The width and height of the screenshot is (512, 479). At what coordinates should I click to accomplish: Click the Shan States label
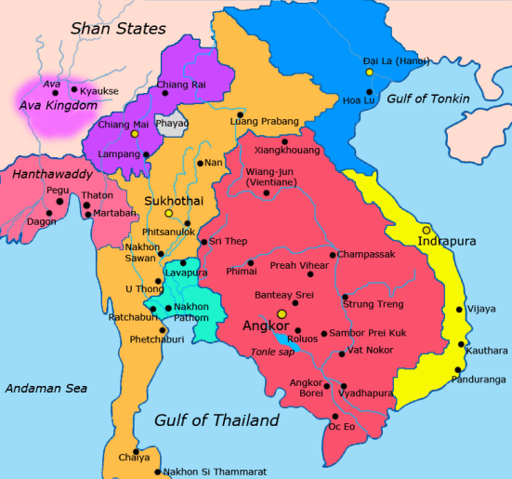pos(118,29)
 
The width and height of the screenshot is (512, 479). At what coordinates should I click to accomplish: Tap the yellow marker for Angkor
pos(281,314)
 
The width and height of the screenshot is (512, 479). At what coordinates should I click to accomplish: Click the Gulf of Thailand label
pos(217,421)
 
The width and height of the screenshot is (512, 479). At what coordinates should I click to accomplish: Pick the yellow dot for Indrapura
pos(427,229)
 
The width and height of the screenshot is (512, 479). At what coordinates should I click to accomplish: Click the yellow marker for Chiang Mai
pos(135,134)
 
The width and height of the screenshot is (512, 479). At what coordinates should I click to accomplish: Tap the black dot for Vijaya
pos(459,310)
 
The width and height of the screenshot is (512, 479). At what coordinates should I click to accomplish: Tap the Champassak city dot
pos(333,253)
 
